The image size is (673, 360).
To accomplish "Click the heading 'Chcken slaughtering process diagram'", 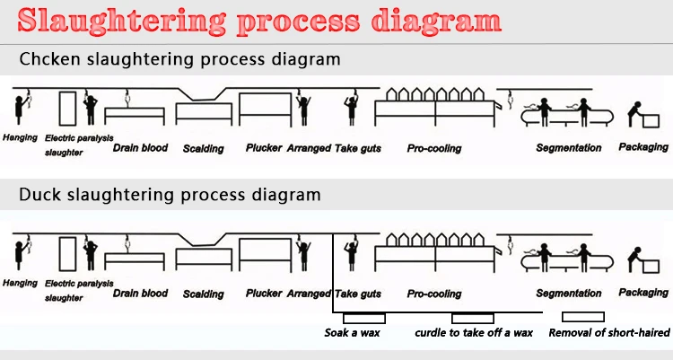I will click(x=179, y=61).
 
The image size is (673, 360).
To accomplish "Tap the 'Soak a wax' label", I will click(x=353, y=333).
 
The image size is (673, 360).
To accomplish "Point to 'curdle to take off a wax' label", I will click(x=474, y=333).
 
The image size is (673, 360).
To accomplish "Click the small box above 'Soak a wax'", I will click(x=363, y=318).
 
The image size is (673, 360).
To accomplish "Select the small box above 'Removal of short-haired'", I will click(x=582, y=317).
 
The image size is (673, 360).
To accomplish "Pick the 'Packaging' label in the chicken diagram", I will click(x=643, y=146).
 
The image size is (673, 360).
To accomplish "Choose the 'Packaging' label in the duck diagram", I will click(x=643, y=292).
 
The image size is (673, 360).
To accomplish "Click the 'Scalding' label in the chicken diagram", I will click(x=203, y=148).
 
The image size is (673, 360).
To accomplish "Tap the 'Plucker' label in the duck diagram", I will click(x=264, y=293).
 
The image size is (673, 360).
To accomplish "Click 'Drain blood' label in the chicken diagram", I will click(x=140, y=147).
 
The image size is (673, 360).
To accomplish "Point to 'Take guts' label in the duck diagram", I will click(x=358, y=294).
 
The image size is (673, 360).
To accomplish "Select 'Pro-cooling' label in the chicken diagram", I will click(x=433, y=147).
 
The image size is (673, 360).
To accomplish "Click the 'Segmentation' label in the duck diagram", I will click(x=568, y=294).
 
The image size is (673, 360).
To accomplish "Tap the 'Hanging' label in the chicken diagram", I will click(x=20, y=138).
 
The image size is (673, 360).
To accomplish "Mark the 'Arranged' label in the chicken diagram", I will click(x=309, y=147).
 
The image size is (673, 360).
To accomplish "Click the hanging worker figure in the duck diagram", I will click(x=17, y=253).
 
